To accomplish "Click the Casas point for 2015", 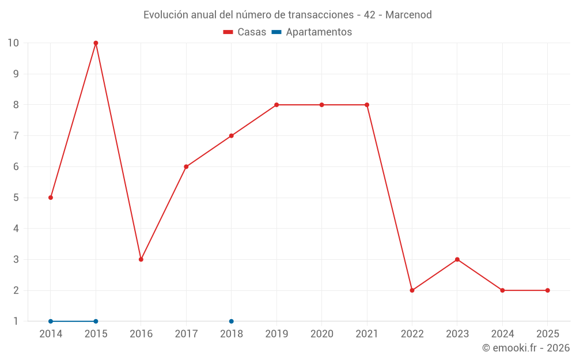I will pos(96,43).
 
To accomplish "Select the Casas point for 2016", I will pos(141,259).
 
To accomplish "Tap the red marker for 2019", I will pos(276,105).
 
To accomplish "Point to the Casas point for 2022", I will pos(412,290).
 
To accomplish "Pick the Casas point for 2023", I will pos(457,259).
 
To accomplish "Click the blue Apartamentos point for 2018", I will pos(232,321).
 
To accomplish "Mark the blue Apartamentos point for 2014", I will pos(51,321).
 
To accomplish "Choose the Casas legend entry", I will pos(245,32).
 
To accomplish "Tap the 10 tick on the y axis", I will pos(13,43).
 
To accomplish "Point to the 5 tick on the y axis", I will pos(16,198).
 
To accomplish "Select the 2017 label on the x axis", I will pos(186,334).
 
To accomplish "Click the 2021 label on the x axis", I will pos(367,334).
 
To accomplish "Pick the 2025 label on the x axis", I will pos(547,334).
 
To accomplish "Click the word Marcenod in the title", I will pos(408,15).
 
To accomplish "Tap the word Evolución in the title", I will pos(165,15).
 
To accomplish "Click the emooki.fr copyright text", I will pos(526,348).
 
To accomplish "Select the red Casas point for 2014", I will pos(51,198).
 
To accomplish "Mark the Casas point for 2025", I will pos(547,290).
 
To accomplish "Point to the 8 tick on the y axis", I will pos(16,105).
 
